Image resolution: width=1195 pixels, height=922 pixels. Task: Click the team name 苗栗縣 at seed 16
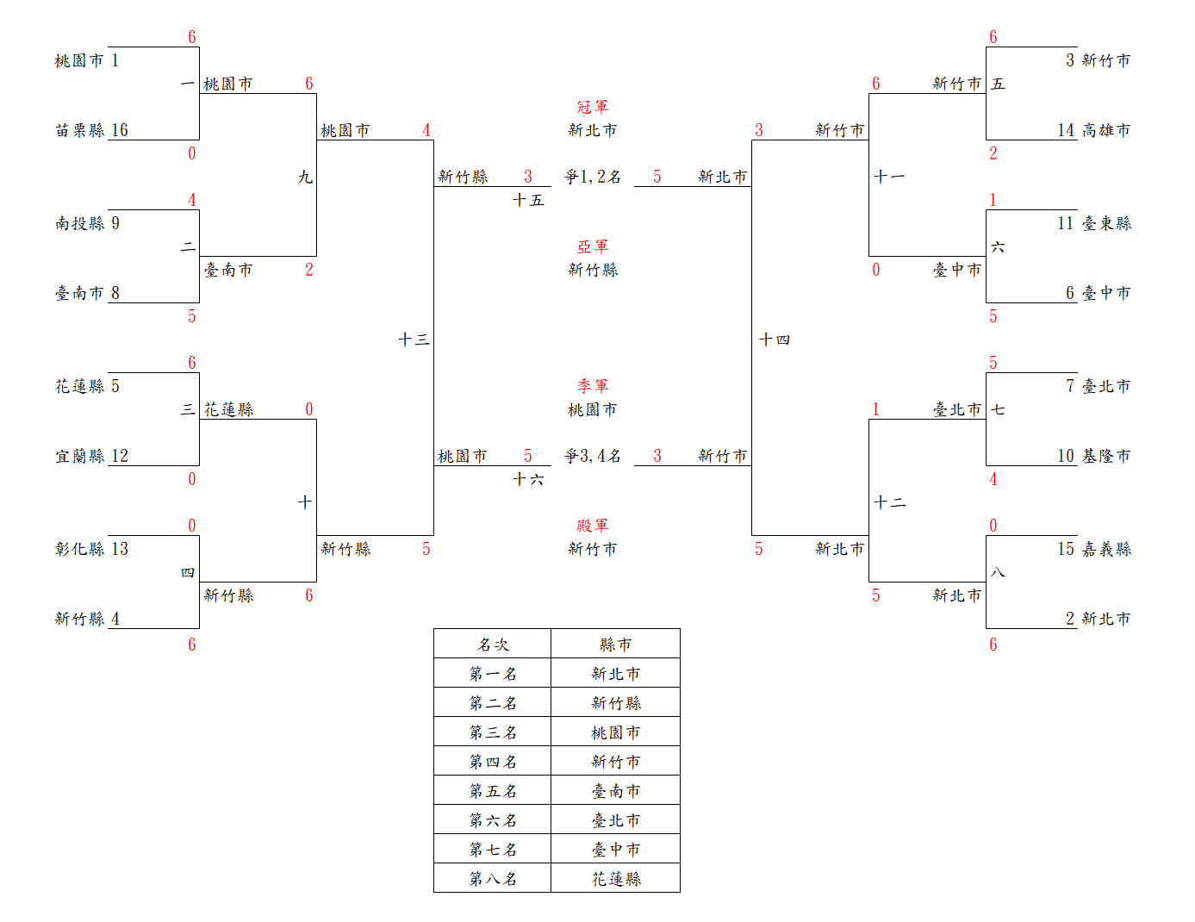pyautogui.click(x=79, y=130)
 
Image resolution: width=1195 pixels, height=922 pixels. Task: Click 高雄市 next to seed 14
pyautogui.click(x=1106, y=130)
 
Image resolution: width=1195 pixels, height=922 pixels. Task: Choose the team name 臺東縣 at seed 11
pyautogui.click(x=1106, y=223)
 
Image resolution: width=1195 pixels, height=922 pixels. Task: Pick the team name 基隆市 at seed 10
pyautogui.click(x=1106, y=456)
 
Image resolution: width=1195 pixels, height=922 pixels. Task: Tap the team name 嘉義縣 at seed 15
pyautogui.click(x=1106, y=549)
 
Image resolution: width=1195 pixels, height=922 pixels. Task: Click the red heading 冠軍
pyautogui.click(x=593, y=107)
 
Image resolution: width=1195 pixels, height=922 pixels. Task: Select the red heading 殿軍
pyautogui.click(x=593, y=526)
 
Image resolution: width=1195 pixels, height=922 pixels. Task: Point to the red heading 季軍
pyautogui.click(x=593, y=386)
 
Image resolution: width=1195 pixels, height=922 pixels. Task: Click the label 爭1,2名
pyautogui.click(x=593, y=177)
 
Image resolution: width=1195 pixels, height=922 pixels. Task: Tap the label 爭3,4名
pyautogui.click(x=593, y=456)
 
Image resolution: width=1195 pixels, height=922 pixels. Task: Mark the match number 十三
pyautogui.click(x=414, y=340)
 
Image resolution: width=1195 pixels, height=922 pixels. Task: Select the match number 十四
pyautogui.click(x=774, y=340)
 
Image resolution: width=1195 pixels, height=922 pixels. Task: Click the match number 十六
pyautogui.click(x=528, y=479)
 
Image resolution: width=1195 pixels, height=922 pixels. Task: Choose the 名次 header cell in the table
pyautogui.click(x=493, y=645)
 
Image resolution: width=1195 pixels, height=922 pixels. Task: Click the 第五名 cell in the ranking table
pyautogui.click(x=493, y=791)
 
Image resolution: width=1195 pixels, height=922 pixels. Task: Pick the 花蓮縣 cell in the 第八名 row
pyautogui.click(x=616, y=879)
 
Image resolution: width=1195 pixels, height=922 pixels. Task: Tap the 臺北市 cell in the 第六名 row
pyautogui.click(x=616, y=820)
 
